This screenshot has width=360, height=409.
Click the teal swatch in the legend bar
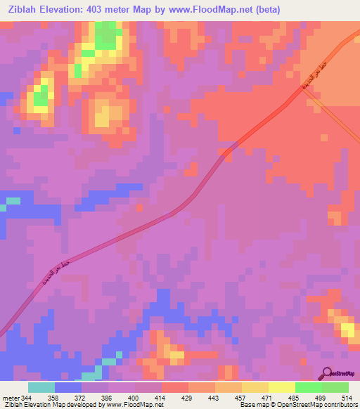pos(41,387)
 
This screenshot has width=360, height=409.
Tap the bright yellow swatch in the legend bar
pos(281,387)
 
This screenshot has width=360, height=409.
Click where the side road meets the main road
pos(307,96)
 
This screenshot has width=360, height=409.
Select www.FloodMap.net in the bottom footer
pos(131,405)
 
